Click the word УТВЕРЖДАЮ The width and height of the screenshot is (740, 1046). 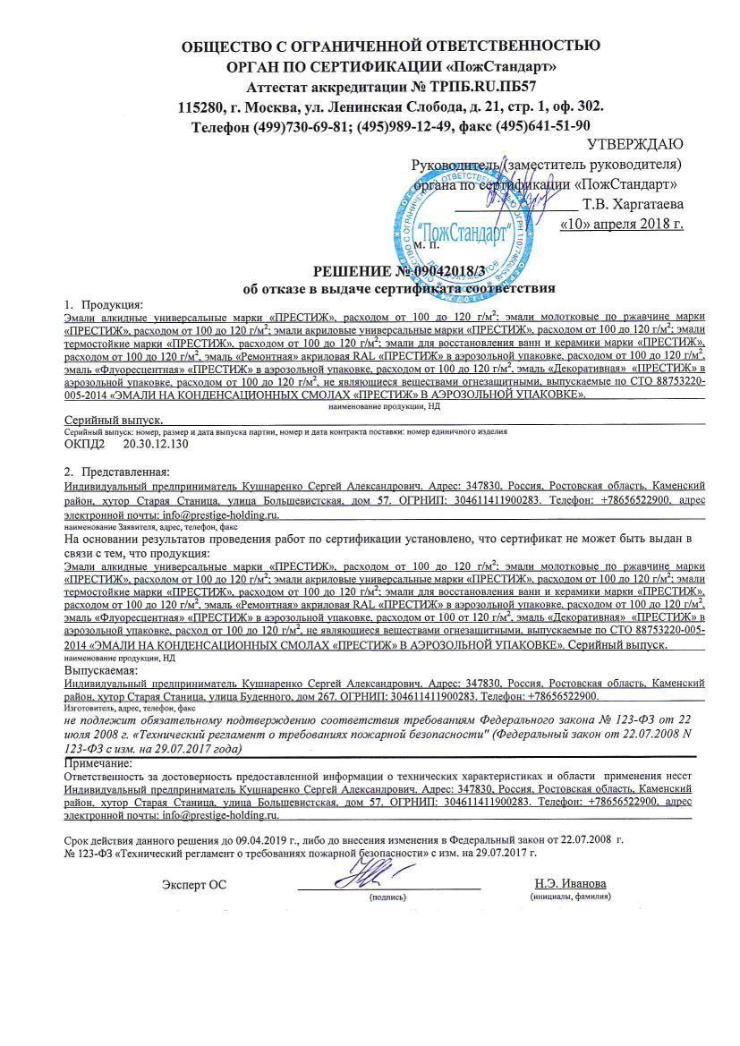(635, 145)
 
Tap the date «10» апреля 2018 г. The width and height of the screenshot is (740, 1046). (620, 223)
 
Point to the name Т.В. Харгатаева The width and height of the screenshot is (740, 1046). (633, 204)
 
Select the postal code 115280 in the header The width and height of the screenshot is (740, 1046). (203, 106)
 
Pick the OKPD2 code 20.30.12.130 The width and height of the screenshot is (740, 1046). (157, 444)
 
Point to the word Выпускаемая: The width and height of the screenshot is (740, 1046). (100, 669)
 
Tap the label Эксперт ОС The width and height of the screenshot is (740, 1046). (194, 885)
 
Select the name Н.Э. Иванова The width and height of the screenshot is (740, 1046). (569, 884)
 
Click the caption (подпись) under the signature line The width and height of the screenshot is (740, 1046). (388, 896)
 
